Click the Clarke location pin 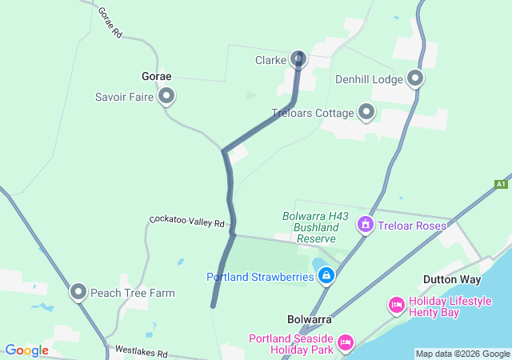pyautogui.click(x=298, y=58)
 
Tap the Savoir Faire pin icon pyautogui.click(x=166, y=97)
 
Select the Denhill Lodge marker pyautogui.click(x=415, y=78)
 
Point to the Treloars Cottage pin pyautogui.click(x=366, y=112)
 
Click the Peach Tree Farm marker pyautogui.click(x=78, y=293)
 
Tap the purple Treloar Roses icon pyautogui.click(x=366, y=225)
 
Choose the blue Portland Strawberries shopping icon pyautogui.click(x=326, y=277)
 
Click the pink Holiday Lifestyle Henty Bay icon pyautogui.click(x=396, y=305)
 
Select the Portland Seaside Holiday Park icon pyautogui.click(x=346, y=342)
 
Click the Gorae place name pyautogui.click(x=156, y=77)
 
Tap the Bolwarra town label pyautogui.click(x=310, y=319)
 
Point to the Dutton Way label pyautogui.click(x=452, y=280)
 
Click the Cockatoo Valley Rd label pyautogui.click(x=187, y=220)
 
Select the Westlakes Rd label pyautogui.click(x=140, y=351)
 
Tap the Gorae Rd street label pyautogui.click(x=109, y=23)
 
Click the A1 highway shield pyautogui.click(x=501, y=184)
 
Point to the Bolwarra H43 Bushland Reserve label pyautogui.click(x=311, y=227)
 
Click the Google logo pyautogui.click(x=26, y=350)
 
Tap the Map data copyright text pyautogui.click(x=462, y=354)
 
